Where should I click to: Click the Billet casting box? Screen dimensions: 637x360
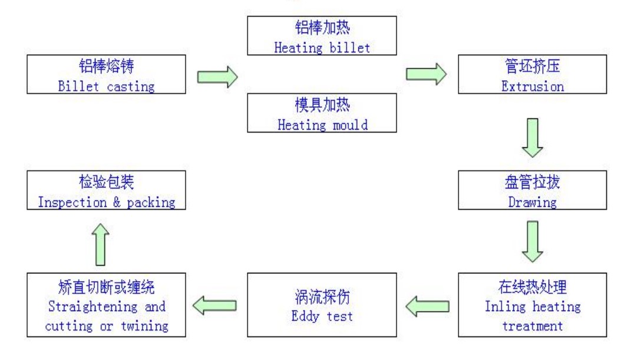point(107,74)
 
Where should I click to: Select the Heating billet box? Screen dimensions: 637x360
point(322,36)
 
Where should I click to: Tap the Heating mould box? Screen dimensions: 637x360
point(322,113)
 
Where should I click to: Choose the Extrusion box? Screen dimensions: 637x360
point(532,74)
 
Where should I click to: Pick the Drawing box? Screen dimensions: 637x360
point(532,190)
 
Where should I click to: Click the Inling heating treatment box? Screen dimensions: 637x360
point(532,305)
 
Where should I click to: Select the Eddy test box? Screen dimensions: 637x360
point(322,305)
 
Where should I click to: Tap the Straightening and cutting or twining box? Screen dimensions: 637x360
point(107,305)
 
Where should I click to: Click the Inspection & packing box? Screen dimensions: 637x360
point(107,190)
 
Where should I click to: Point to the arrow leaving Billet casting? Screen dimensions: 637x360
point(217,77)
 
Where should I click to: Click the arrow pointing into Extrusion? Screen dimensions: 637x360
point(426,74)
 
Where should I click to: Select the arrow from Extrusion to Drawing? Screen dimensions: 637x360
point(532,138)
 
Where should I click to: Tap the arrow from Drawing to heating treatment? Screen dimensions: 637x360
point(532,242)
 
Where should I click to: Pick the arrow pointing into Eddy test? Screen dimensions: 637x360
point(427,306)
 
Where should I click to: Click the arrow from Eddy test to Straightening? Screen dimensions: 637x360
point(214,306)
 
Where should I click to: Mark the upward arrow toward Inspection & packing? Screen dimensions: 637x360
point(100,245)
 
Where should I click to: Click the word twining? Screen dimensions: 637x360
point(144,326)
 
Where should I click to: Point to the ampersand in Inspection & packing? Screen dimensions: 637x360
point(117,202)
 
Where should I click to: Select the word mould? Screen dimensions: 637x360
point(350,125)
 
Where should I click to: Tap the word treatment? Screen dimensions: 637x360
point(532,326)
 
